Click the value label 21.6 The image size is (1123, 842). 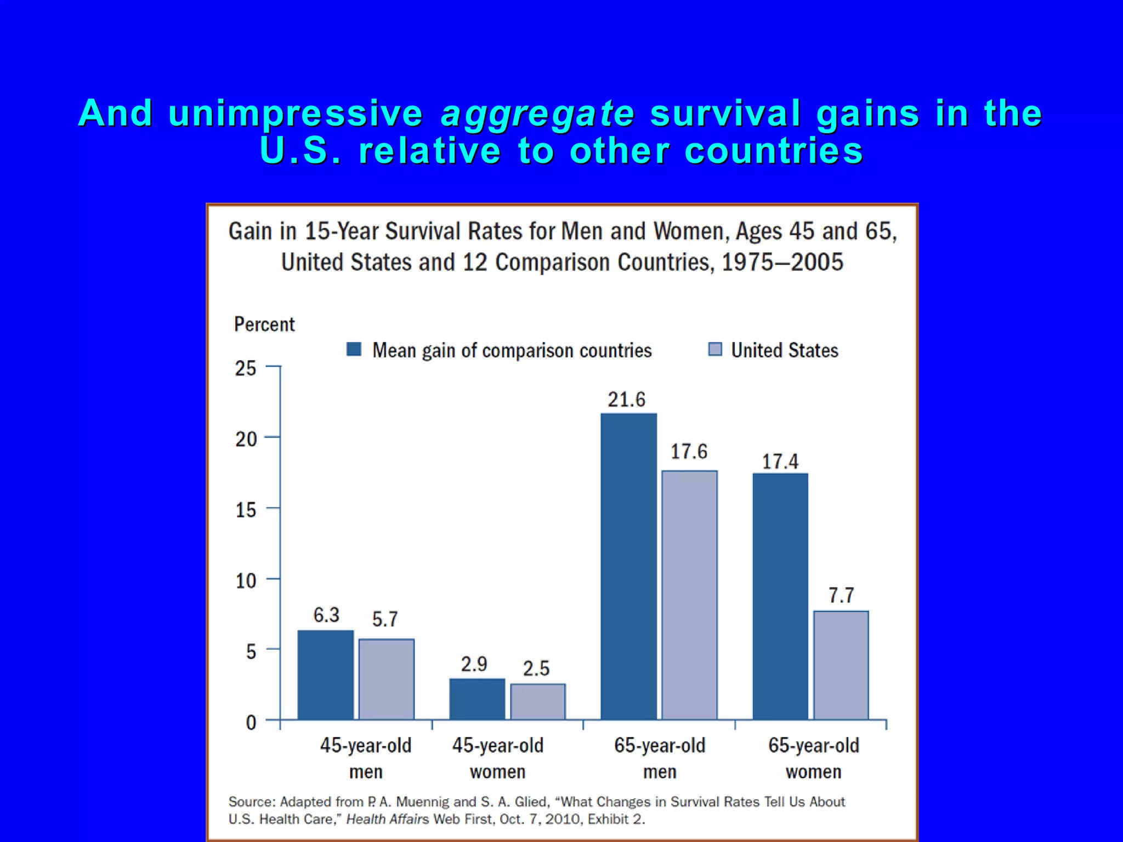tap(626, 399)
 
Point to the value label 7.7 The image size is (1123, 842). tap(841, 595)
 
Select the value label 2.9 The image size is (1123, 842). tap(474, 664)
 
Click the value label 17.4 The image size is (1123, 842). tap(780, 461)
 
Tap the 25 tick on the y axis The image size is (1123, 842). tap(246, 368)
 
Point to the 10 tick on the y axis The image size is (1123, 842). tap(246, 581)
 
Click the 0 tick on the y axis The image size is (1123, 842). tap(251, 722)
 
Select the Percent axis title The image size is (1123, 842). tap(264, 324)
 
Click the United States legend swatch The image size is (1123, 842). tap(714, 349)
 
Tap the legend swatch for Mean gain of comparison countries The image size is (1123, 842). tap(354, 349)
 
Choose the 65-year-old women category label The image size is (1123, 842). tap(813, 758)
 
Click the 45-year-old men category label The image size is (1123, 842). tap(366, 758)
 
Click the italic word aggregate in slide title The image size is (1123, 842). tap(537, 113)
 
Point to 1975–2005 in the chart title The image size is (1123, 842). tap(782, 262)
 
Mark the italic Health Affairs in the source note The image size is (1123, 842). tap(387, 819)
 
